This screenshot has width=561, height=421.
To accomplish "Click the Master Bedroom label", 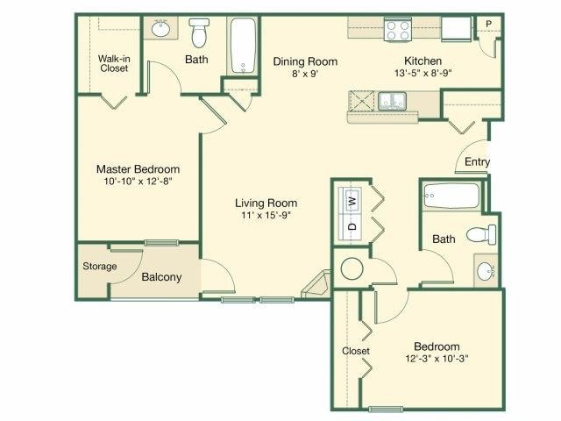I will tap(138, 169).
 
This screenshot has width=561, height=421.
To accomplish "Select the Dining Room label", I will tap(304, 61).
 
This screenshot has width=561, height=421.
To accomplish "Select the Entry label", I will tap(478, 162).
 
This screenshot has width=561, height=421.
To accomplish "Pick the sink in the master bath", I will tap(161, 29).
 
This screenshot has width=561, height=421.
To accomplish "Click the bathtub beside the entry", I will tap(450, 195).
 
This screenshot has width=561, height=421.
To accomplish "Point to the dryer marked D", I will tap(352, 226).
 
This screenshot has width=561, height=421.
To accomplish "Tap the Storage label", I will tap(99, 266).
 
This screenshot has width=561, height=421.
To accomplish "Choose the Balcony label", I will tap(161, 277).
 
